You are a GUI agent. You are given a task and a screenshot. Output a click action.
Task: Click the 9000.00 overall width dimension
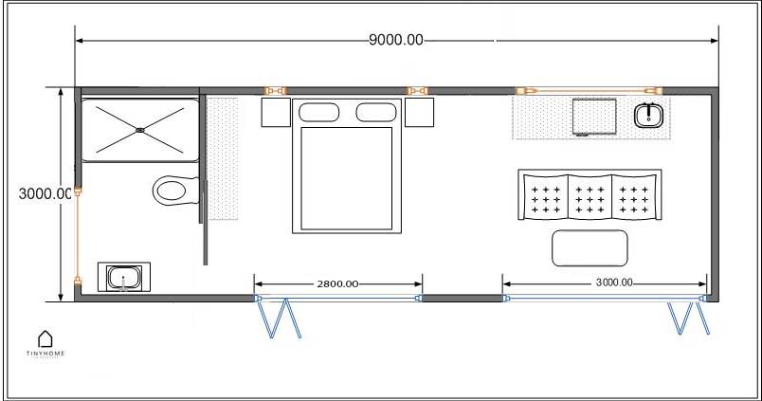click(396, 40)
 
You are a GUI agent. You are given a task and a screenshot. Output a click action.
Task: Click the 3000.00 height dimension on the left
click(45, 193)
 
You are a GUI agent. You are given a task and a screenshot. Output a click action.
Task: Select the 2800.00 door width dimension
click(336, 283)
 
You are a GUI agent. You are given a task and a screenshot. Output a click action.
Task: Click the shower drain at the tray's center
click(140, 129)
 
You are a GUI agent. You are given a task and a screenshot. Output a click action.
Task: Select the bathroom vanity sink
click(124, 279)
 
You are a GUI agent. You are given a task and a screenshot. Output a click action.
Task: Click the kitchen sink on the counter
click(648, 116)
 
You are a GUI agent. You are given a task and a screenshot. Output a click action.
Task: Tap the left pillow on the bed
click(318, 113)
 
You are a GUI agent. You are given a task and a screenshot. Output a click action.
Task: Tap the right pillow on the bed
click(376, 113)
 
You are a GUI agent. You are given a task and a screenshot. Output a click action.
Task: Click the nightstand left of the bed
click(275, 113)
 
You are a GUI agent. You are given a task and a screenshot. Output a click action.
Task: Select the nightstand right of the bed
click(420, 113)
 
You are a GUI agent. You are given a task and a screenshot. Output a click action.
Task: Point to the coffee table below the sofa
click(590, 247)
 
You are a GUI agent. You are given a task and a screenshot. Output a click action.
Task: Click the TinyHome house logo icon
click(45, 338)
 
